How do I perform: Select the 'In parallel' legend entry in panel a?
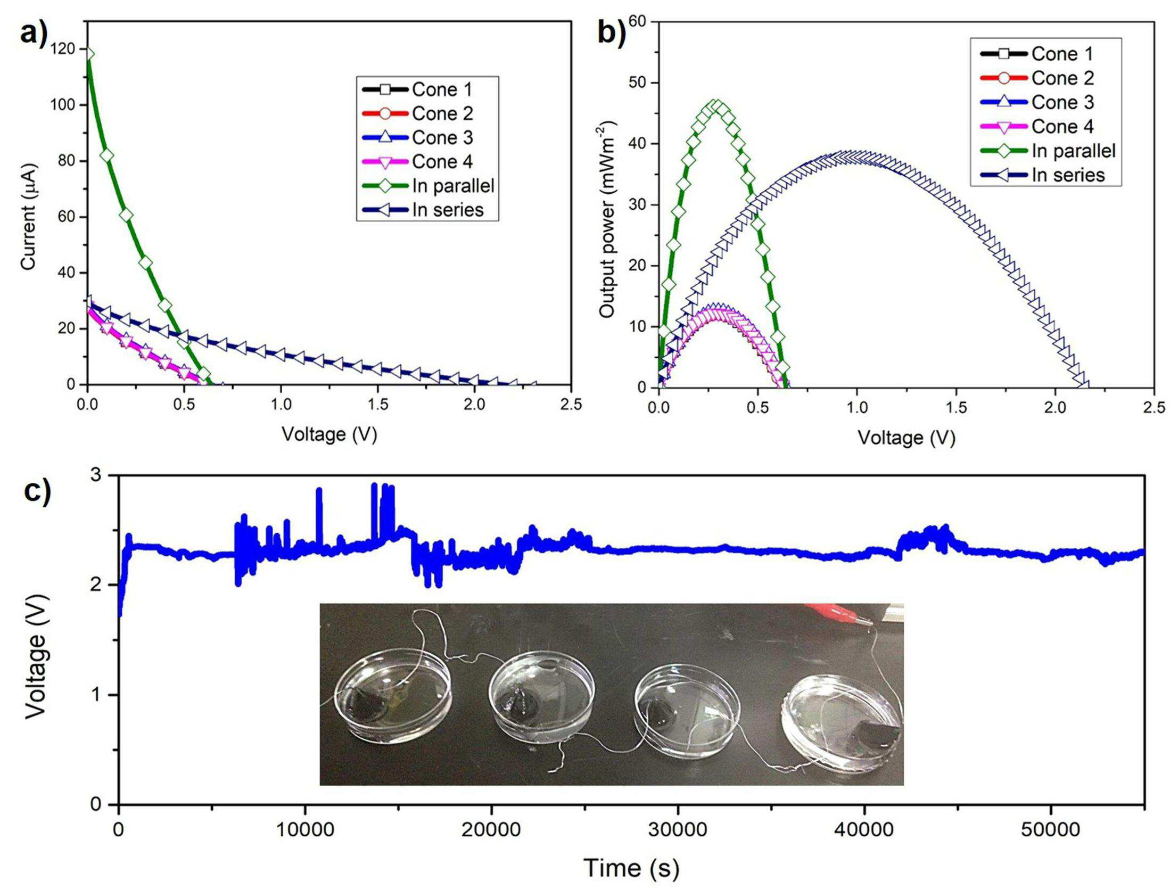pos(428,185)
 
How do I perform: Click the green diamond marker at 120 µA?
pos(89,54)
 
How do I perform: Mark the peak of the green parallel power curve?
pos(716,105)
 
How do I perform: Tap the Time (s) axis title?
pos(631,867)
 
